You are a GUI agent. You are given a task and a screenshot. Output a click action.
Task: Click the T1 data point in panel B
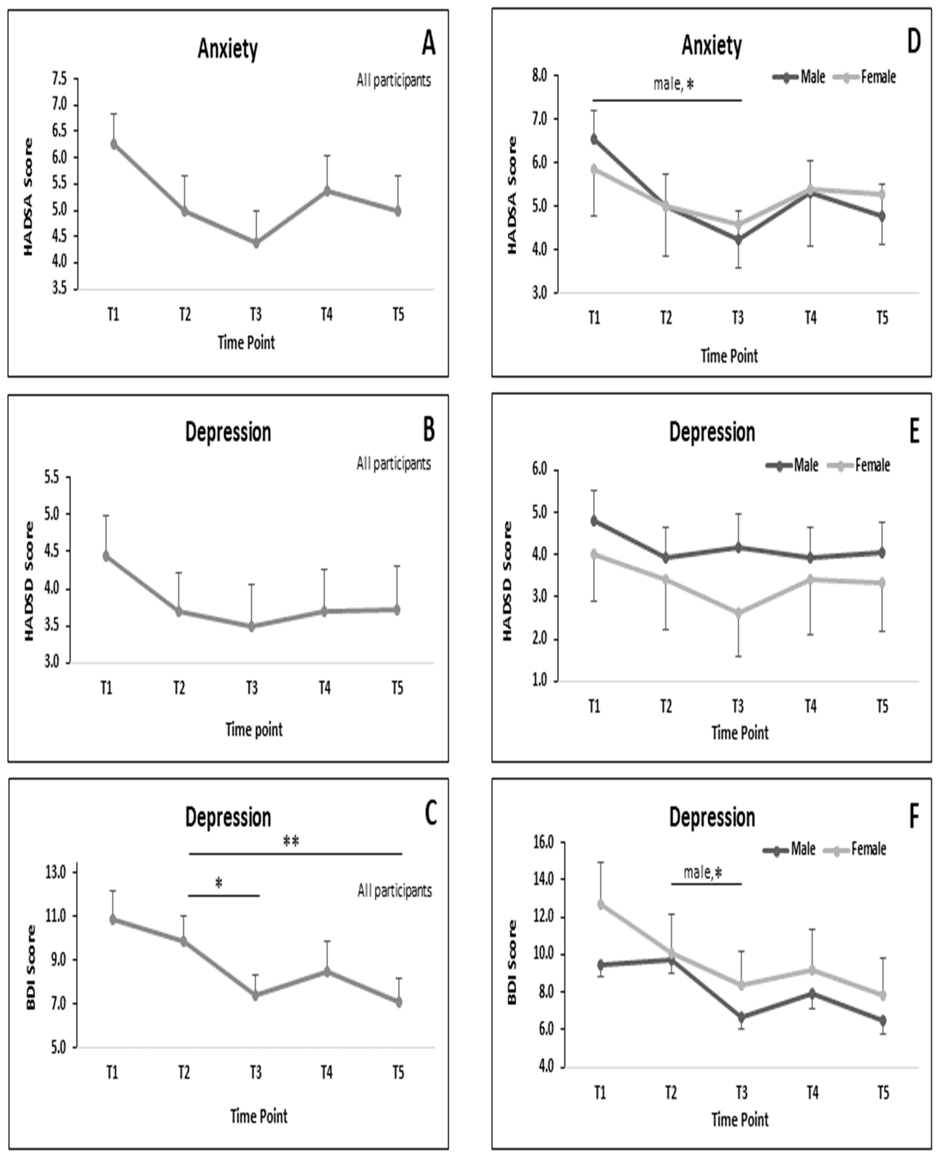[x=106, y=556]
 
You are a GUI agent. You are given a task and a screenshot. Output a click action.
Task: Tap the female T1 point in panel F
[x=600, y=904]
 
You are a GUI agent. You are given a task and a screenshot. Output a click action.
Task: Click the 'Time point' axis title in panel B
[x=254, y=730]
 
